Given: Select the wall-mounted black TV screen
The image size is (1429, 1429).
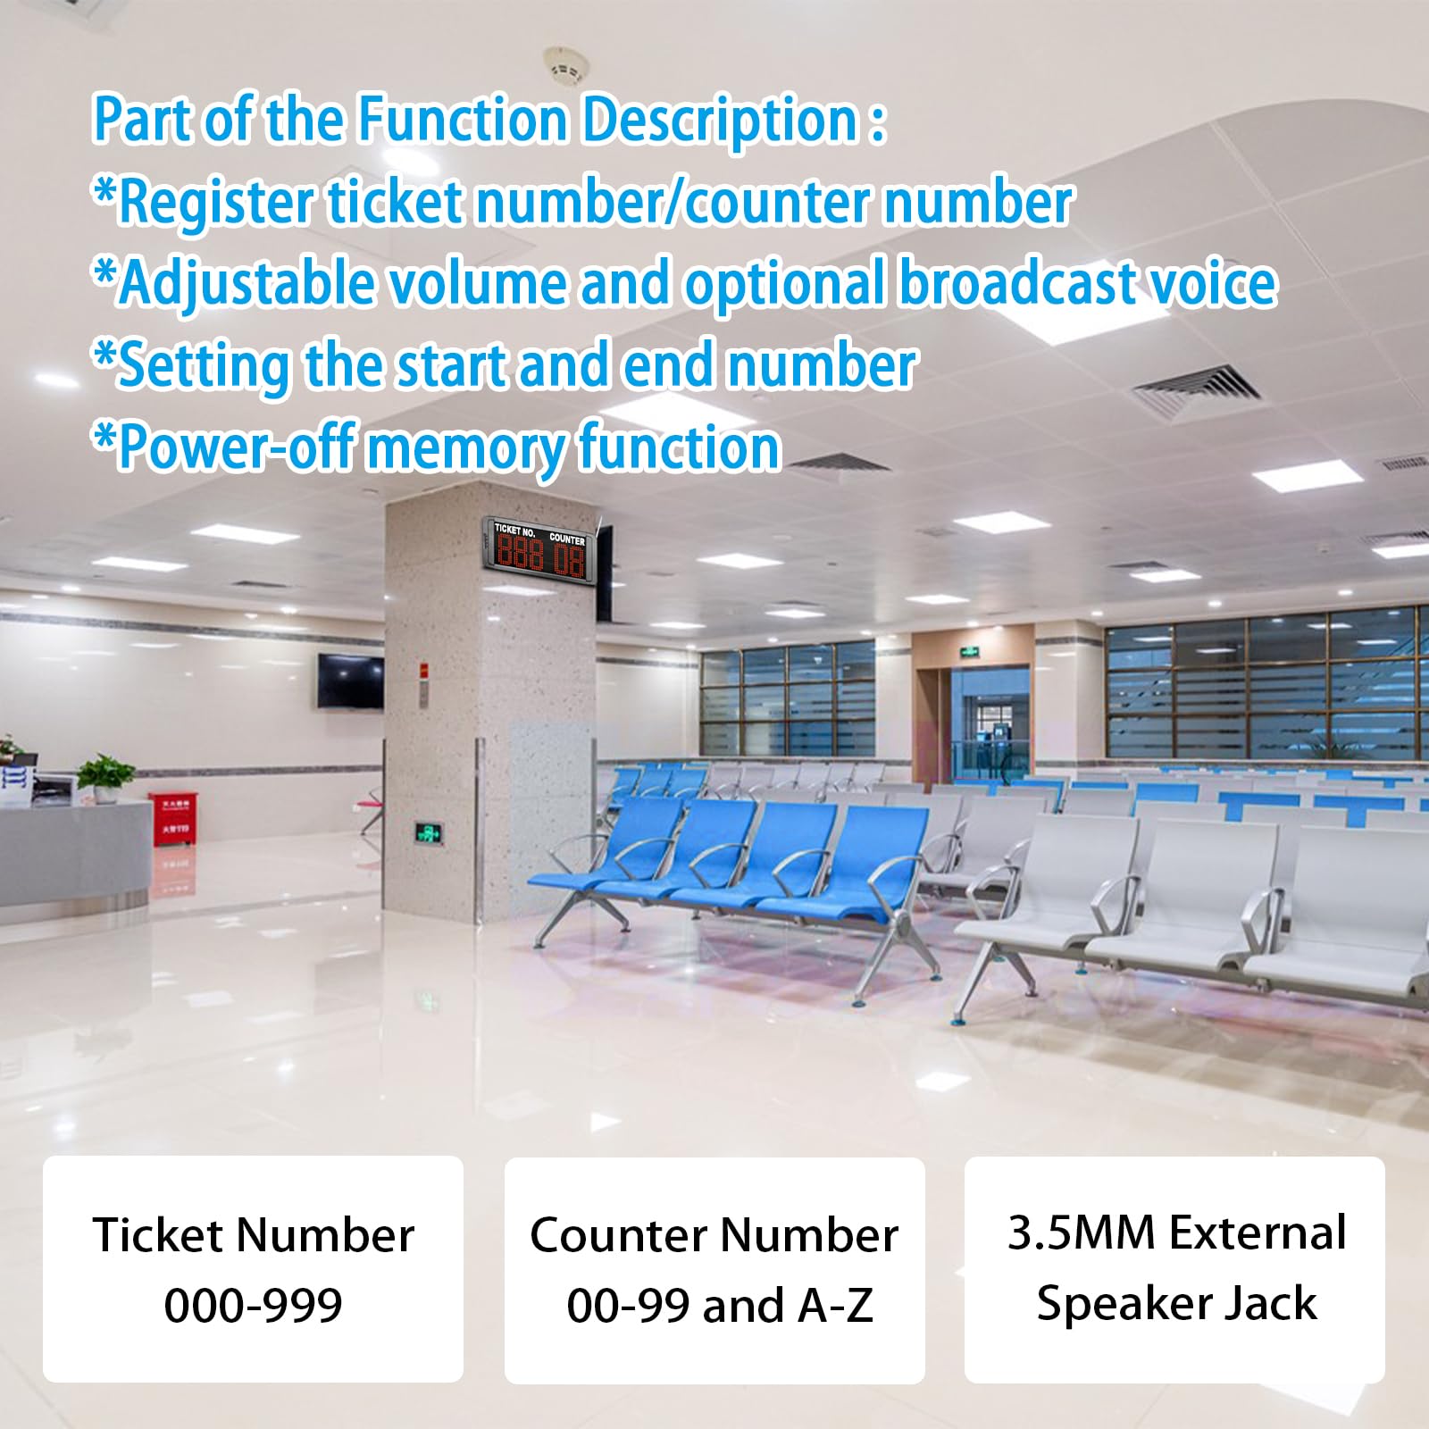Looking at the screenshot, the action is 350,681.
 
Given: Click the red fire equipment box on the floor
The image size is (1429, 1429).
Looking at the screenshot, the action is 173,818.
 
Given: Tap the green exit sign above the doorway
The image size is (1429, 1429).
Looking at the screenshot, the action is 971,653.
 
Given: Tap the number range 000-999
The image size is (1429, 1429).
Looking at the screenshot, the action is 253,1305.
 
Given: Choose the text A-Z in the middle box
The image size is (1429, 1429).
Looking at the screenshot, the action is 835,1306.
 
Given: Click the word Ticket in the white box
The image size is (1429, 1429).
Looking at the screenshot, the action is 157,1235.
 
